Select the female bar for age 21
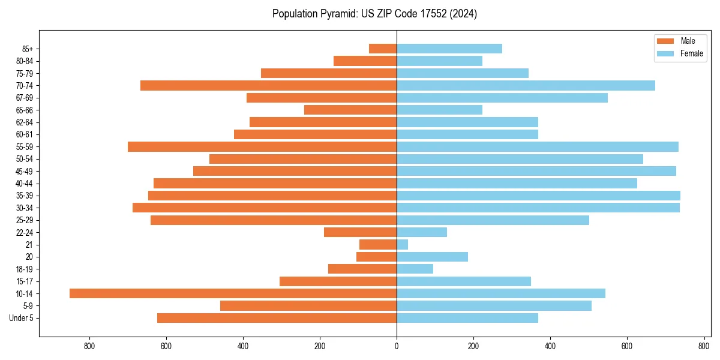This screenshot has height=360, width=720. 403,245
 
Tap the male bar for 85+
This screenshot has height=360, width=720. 383,49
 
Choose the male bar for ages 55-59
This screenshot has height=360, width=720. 262,147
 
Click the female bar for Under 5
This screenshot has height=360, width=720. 467,318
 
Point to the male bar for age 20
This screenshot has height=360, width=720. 377,257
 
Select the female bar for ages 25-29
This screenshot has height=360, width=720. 493,220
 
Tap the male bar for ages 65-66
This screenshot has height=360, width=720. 350,110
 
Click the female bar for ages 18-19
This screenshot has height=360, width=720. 415,269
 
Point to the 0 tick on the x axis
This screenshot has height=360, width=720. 397,346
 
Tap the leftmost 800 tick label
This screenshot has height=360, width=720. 89,346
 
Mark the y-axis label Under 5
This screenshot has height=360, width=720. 22,318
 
